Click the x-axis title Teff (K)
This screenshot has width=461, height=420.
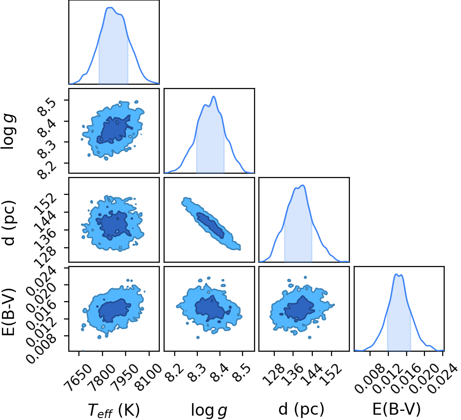tap(114, 410)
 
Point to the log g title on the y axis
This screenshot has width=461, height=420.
tap(8, 132)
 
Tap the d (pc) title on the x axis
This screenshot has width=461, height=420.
tap(301, 409)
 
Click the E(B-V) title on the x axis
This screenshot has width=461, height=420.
tap(397, 409)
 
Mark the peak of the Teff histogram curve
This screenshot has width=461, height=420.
tap(111, 8)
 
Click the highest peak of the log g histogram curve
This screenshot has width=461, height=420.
tap(214, 96)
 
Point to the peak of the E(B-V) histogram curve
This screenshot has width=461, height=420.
tap(397, 274)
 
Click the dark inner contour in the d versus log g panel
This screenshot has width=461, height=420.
tap(210, 225)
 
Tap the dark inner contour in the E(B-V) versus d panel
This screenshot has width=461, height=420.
tap(299, 308)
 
